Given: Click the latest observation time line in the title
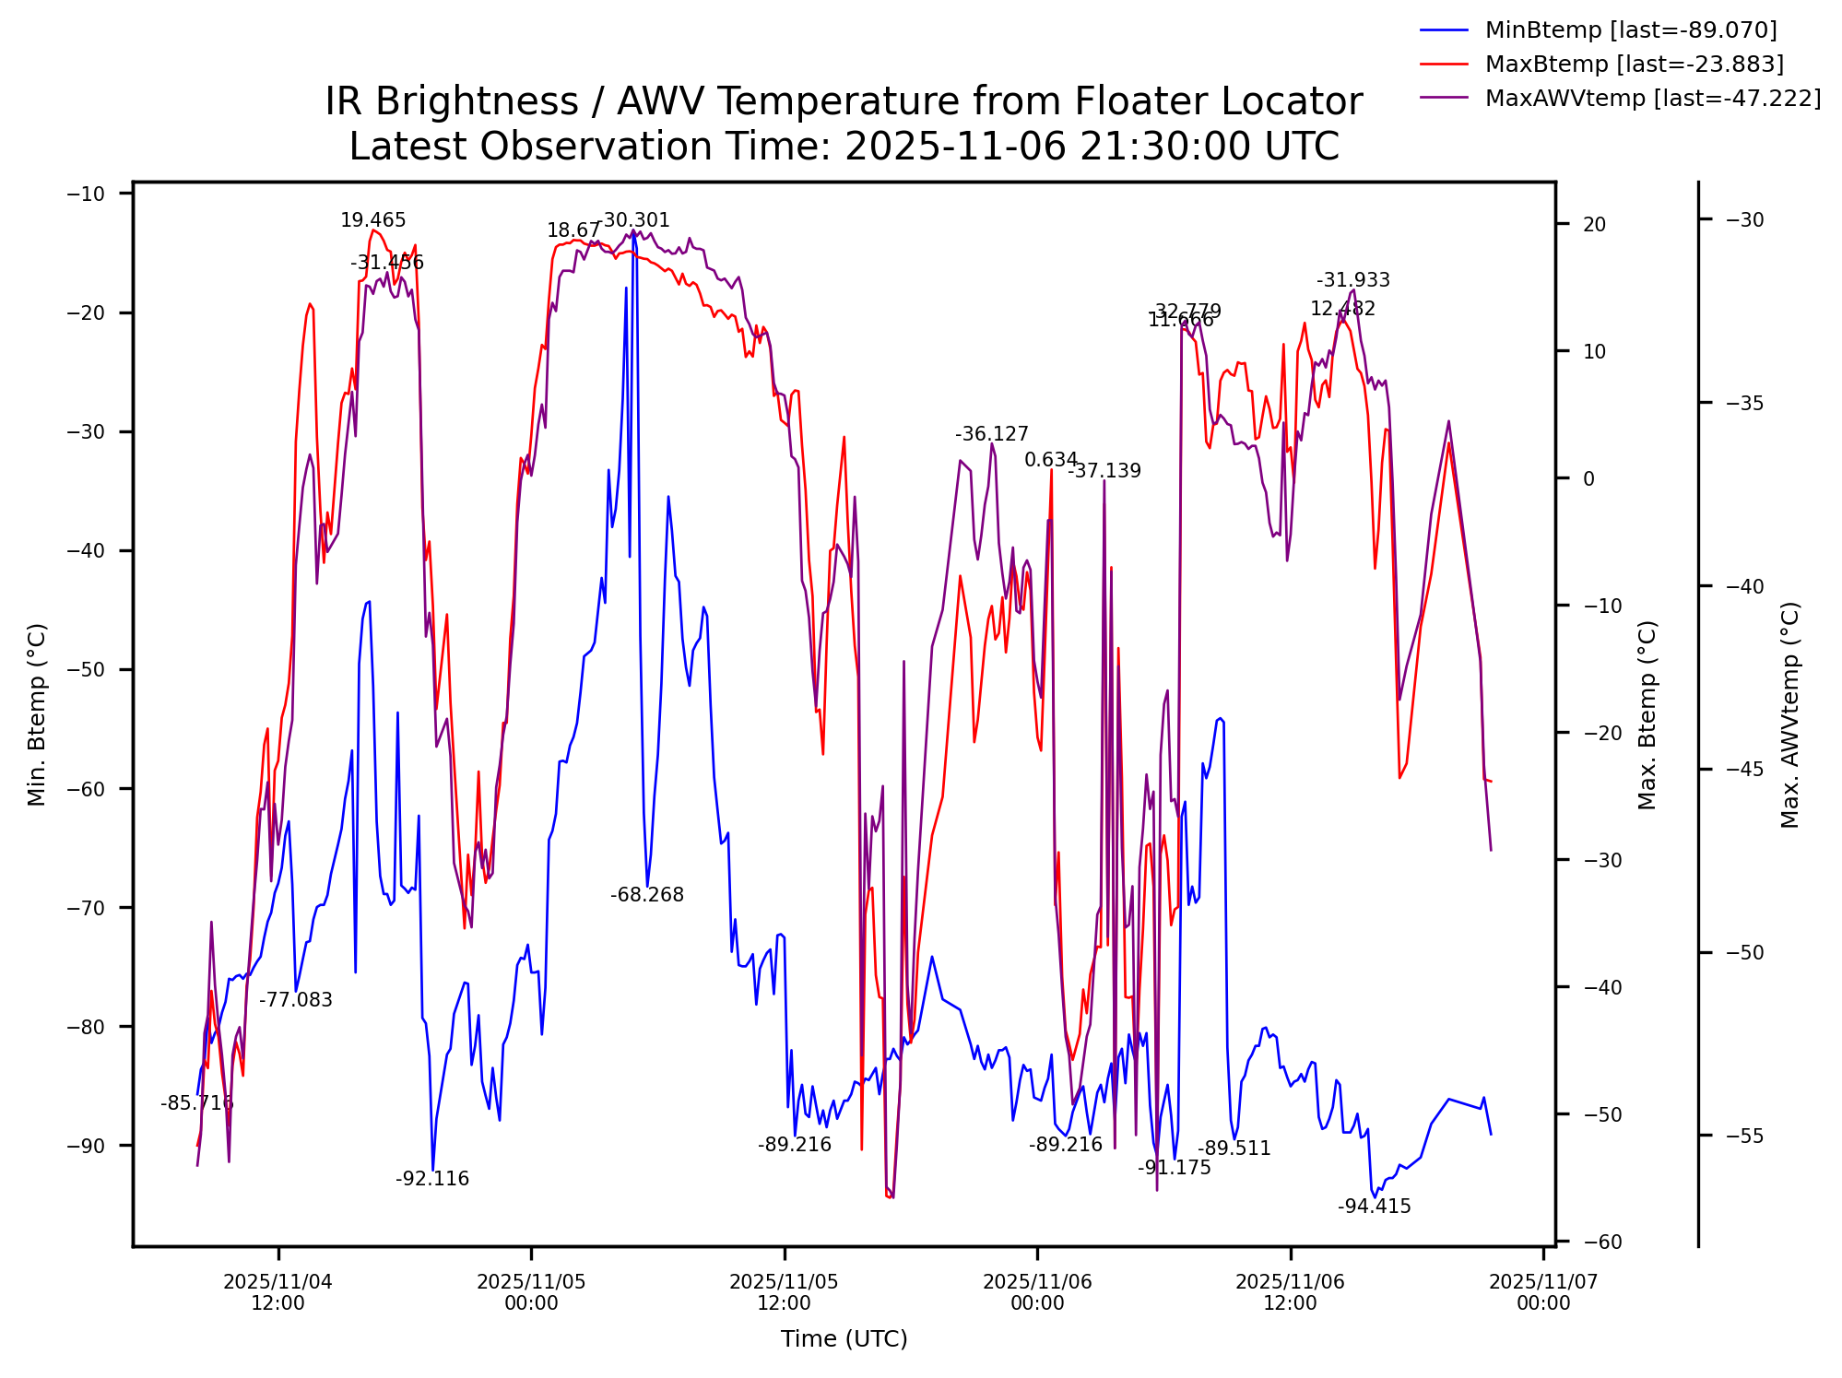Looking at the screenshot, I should click(x=844, y=147).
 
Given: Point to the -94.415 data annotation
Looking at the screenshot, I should click(x=1374, y=1207).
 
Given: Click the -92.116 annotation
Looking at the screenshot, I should click(x=432, y=1179).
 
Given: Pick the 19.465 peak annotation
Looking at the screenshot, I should click(x=372, y=220).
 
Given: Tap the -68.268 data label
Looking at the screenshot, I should click(x=647, y=895).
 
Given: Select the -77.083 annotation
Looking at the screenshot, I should click(x=295, y=1000).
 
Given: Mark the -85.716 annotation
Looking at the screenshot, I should click(x=197, y=1103).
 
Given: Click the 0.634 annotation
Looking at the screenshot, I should click(x=1051, y=460).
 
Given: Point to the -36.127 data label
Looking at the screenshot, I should click(x=991, y=434).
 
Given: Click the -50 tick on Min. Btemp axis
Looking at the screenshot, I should click(x=87, y=670).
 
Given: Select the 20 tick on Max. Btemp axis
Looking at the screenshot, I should click(x=1594, y=224).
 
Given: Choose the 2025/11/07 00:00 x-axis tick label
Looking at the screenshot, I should click(x=1543, y=1292).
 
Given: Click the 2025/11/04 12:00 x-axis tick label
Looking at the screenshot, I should click(x=277, y=1292).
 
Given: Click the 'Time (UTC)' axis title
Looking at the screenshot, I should click(x=844, y=1339).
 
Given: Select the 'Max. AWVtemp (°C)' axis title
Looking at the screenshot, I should click(x=1789, y=715).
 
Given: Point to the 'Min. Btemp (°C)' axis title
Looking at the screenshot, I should click(x=36, y=715).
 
